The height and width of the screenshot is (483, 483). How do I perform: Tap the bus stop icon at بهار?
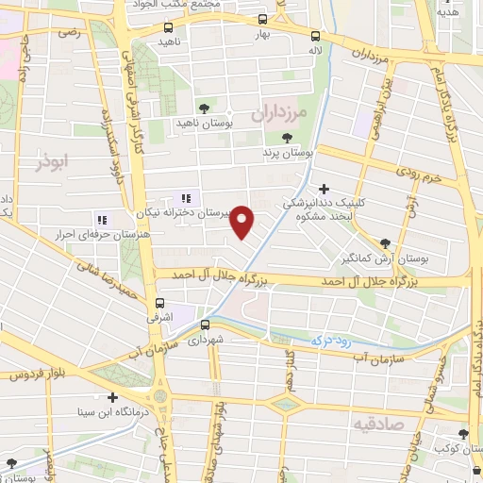pyautogui.click(x=261, y=19)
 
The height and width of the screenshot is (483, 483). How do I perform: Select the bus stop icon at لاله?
pyautogui.click(x=315, y=36)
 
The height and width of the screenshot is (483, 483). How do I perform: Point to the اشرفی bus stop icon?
pyautogui.click(x=160, y=304)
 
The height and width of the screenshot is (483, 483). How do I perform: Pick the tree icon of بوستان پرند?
pyautogui.click(x=286, y=139)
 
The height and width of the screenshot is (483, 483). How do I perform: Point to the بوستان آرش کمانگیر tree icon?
pyautogui.click(x=384, y=242)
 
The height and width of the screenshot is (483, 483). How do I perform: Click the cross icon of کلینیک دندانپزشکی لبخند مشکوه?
pyautogui.click(x=325, y=190)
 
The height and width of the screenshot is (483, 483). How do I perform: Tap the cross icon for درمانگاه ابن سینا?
pyautogui.click(x=113, y=397)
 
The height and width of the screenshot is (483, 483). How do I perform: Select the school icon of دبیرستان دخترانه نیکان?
pyautogui.click(x=186, y=199)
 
